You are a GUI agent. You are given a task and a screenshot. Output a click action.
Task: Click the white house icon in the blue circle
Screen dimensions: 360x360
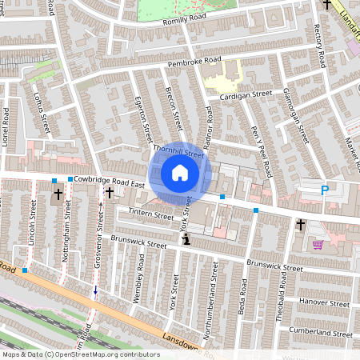tap(180, 173)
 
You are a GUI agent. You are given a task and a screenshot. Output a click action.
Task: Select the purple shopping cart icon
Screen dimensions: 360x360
tap(318, 245)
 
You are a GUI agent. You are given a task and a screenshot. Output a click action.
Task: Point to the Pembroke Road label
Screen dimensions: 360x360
tap(193, 60)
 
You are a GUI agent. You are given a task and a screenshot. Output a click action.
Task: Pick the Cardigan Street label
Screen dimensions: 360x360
tap(247, 94)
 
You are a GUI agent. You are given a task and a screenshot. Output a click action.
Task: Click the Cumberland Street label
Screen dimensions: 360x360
tap(320, 332)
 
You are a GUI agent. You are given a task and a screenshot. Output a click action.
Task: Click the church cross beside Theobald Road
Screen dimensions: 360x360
tap(300, 226)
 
